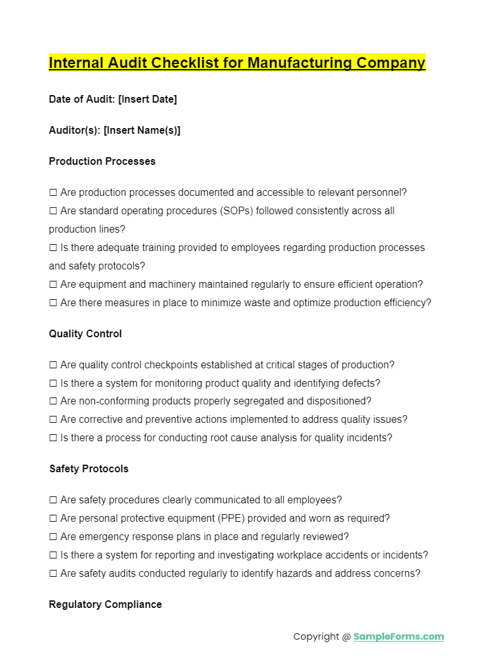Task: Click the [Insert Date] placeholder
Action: (x=148, y=99)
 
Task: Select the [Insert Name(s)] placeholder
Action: (x=142, y=130)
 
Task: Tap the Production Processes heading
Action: (x=102, y=161)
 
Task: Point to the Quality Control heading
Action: (x=86, y=333)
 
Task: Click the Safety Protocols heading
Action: (x=89, y=468)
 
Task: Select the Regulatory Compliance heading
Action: (x=105, y=604)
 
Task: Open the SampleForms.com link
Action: (x=399, y=636)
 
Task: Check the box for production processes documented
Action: (x=53, y=193)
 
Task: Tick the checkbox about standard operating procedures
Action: (x=53, y=211)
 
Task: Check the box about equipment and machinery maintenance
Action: (x=53, y=285)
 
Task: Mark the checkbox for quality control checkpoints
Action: (x=53, y=365)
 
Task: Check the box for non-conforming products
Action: (x=53, y=401)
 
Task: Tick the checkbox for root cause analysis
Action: (x=53, y=438)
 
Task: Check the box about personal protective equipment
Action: (x=53, y=519)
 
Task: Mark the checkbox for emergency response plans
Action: (x=53, y=537)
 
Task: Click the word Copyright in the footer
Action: (x=316, y=636)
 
